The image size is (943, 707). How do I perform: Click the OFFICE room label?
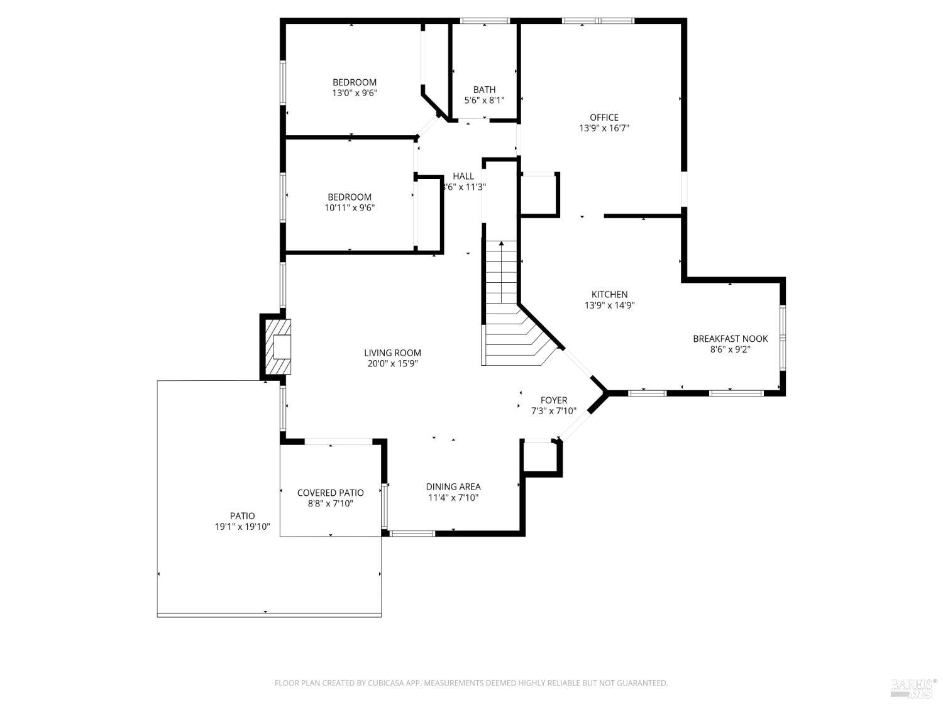pyautogui.click(x=604, y=118)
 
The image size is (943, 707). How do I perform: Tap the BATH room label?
pyautogui.click(x=484, y=90)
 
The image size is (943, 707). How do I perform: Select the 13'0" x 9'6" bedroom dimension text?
pyautogui.click(x=355, y=93)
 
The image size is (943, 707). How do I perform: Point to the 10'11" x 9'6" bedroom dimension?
pyautogui.click(x=350, y=208)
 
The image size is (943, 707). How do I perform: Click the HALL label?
pyautogui.click(x=463, y=176)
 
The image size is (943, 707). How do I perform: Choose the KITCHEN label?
pyautogui.click(x=609, y=295)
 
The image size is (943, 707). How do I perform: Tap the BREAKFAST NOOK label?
pyautogui.click(x=730, y=339)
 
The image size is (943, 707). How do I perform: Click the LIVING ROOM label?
pyautogui.click(x=392, y=353)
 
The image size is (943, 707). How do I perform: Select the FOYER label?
pyautogui.click(x=553, y=400)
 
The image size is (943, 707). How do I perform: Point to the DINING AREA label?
pyautogui.click(x=453, y=487)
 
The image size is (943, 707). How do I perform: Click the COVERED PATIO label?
pyautogui.click(x=330, y=493)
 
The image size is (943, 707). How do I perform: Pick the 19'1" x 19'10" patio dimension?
pyautogui.click(x=242, y=527)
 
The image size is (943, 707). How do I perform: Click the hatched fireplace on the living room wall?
pyautogui.click(x=277, y=347)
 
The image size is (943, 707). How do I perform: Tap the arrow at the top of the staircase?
pyautogui.click(x=501, y=244)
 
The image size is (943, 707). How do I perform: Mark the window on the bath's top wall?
pyautogui.click(x=485, y=21)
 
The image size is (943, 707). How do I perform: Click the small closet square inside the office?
pyautogui.click(x=539, y=195)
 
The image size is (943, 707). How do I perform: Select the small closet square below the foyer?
pyautogui.click(x=541, y=457)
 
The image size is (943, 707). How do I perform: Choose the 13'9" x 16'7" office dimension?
pyautogui.click(x=604, y=128)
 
